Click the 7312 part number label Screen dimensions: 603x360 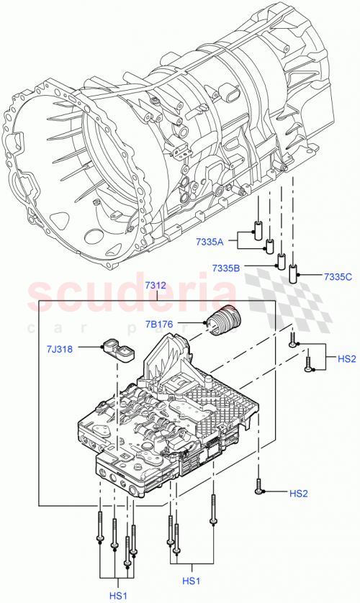click(x=155, y=286)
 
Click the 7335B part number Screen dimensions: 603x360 click(x=227, y=268)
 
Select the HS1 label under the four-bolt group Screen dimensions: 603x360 click(x=118, y=596)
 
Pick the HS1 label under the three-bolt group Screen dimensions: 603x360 click(x=191, y=580)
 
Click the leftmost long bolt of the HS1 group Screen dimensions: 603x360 click(x=96, y=532)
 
